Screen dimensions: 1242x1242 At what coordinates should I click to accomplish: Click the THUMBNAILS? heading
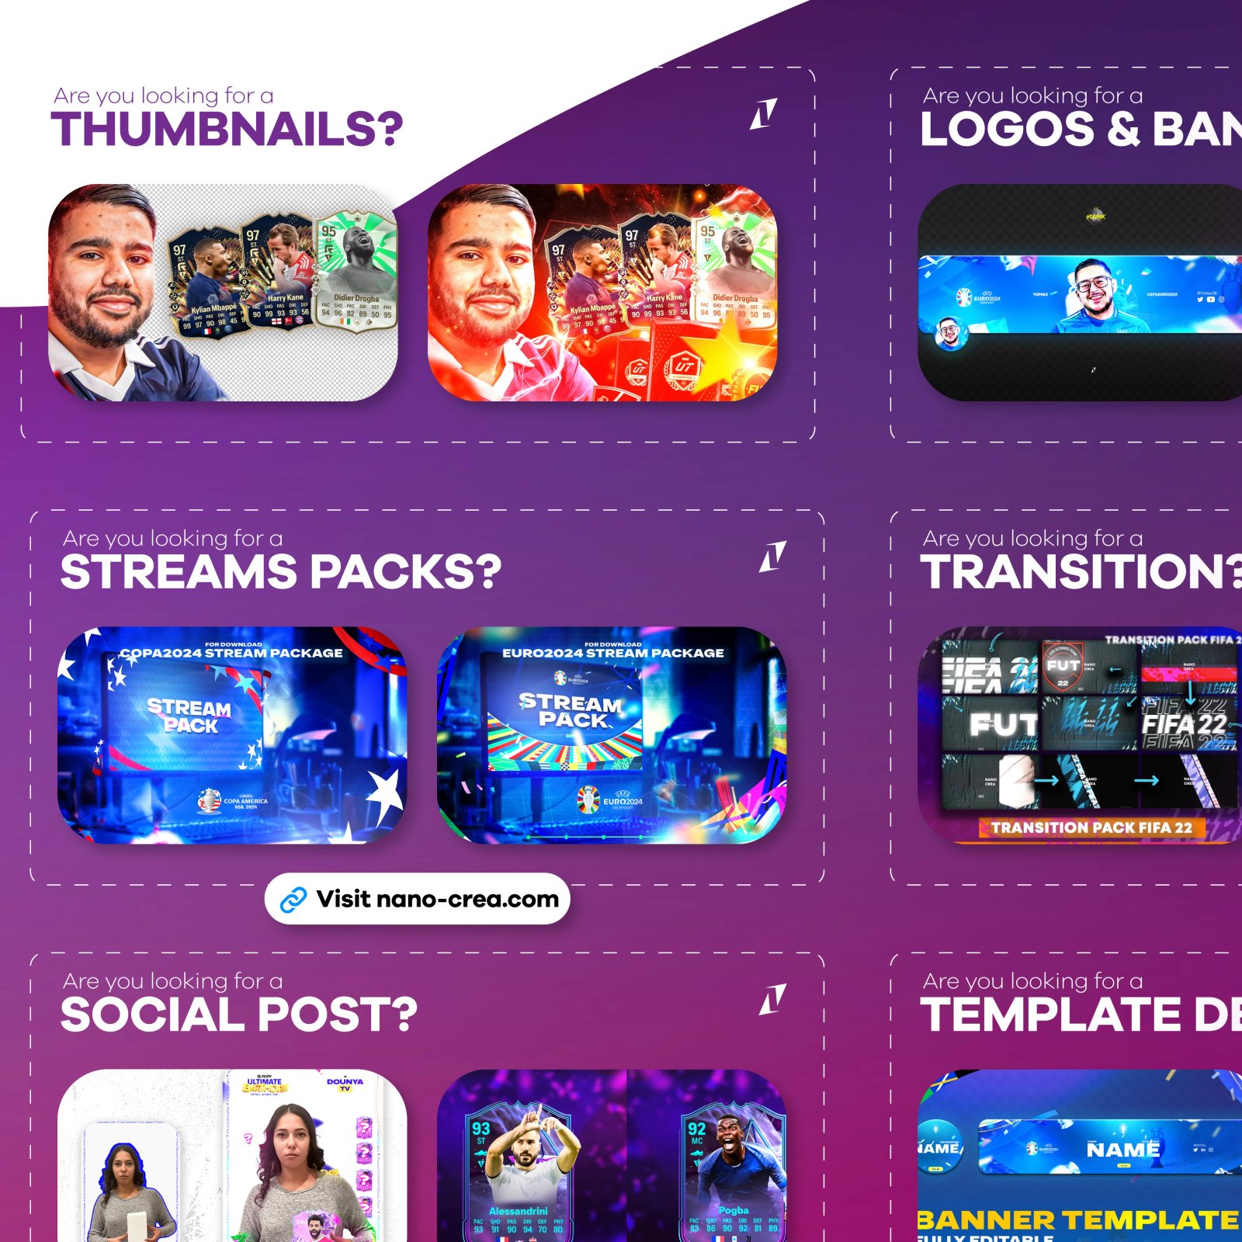[227, 129]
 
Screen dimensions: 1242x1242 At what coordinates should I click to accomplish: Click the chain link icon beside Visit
[293, 900]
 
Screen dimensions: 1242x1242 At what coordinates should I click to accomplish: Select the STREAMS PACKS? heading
[280, 572]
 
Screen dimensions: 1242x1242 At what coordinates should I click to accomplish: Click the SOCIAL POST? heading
[238, 1015]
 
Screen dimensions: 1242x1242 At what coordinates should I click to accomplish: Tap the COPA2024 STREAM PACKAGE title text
[231, 653]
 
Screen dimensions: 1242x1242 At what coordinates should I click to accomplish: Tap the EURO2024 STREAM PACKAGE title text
[612, 653]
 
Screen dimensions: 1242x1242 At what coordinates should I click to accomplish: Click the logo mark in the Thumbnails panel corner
[763, 114]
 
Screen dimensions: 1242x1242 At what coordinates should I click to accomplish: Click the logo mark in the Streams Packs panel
[772, 557]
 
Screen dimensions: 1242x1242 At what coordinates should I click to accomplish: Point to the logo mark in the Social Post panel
[772, 999]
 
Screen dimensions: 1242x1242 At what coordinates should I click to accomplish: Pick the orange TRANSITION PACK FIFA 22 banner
[1091, 827]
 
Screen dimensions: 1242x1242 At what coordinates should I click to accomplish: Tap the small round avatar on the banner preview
[948, 332]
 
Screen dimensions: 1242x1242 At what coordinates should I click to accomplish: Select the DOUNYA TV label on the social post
[345, 1083]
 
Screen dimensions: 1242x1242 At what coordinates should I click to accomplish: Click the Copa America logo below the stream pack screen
[209, 800]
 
